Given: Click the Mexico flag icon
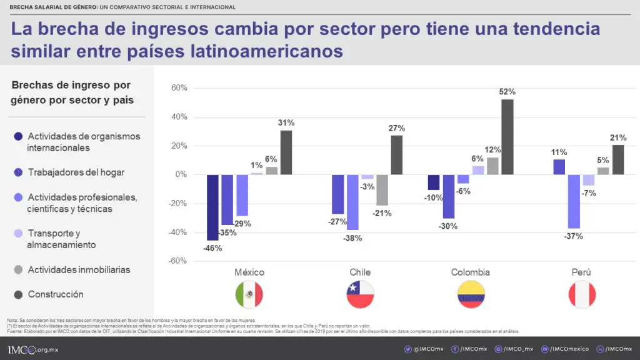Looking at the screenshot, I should [x=249, y=294].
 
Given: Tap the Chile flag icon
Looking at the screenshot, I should [x=359, y=294].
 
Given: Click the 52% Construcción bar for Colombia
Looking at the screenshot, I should [x=507, y=137].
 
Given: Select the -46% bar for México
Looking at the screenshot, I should [x=212, y=207].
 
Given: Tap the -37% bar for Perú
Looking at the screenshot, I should [x=574, y=201].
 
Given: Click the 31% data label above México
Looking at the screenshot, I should [x=286, y=122].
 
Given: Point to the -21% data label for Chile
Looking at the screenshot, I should [x=382, y=213].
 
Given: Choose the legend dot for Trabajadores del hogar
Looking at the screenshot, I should [x=17, y=172].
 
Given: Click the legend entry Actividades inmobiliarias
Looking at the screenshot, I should [x=79, y=270].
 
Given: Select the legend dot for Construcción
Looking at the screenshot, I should [x=17, y=294].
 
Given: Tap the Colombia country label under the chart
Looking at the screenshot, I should [x=470, y=272].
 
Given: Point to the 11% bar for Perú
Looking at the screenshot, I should [x=559, y=167].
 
